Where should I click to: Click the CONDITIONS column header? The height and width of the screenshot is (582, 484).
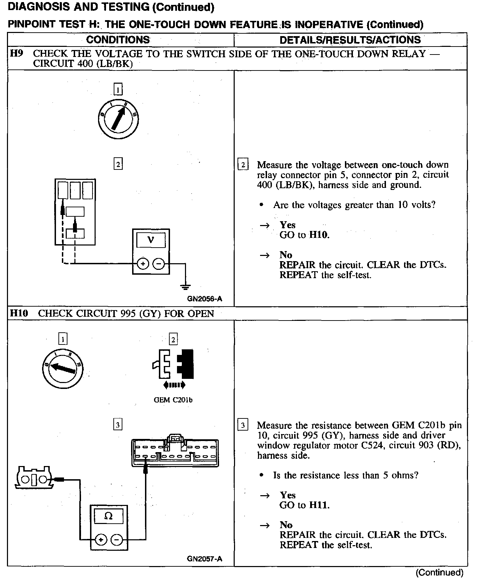coord(118,40)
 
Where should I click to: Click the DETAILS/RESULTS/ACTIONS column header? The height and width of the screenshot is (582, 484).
coord(350,40)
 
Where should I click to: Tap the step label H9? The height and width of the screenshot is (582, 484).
coord(16,53)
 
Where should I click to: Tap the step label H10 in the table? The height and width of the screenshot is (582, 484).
coord(19,313)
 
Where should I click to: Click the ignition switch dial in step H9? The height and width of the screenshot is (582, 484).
coord(118,119)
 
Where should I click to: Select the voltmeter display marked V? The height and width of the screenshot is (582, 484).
coord(151,240)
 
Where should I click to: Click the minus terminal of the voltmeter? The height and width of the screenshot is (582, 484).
coord(159,264)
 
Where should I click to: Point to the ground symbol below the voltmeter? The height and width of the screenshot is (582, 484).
coord(185,286)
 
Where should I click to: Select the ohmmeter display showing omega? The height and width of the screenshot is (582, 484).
coord(108,516)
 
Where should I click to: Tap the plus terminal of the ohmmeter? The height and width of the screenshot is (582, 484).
coord(101,540)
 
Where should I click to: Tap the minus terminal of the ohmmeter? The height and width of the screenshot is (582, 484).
coord(117,540)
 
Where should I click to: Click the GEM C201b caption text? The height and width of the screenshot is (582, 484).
coord(173,400)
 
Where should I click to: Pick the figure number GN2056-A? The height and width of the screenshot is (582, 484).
coord(204,299)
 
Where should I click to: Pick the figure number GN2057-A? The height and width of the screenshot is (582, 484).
coord(204,559)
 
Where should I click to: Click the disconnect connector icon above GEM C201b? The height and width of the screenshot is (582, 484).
coord(173,365)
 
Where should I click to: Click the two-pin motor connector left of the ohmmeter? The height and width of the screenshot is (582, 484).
coord(34,479)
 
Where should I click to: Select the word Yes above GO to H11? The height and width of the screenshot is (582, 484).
coord(288,495)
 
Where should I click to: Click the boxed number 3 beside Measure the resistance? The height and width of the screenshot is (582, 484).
coord(243,425)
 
